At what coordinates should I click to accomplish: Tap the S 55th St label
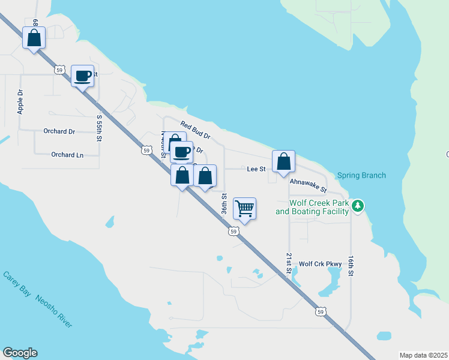99,128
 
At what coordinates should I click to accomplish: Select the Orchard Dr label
59,131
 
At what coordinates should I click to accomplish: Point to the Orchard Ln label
67,154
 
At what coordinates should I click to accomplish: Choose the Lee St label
256,170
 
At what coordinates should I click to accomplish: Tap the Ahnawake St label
307,185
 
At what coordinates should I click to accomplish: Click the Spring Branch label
361,176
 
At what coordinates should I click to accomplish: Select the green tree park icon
358,206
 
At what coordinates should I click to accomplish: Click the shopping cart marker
244,208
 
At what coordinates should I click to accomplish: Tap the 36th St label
224,204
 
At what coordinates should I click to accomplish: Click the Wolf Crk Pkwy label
320,263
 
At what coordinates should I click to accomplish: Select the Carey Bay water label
17,283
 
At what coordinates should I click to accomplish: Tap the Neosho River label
53,311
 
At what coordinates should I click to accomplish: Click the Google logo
20,353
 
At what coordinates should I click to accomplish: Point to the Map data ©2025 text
423,355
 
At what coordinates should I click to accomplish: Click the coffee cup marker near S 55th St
83,76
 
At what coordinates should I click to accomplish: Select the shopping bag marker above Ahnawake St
283,161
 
